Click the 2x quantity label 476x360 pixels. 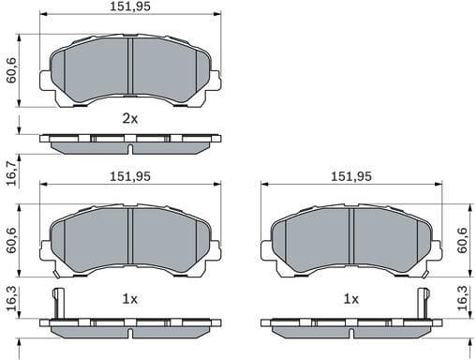click(129, 119)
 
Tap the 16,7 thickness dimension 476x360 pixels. click(10, 172)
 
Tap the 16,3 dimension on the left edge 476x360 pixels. click(10, 297)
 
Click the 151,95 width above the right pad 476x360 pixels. click(350, 176)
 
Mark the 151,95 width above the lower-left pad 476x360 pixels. click(129, 176)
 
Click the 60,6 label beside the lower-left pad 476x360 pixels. click(10, 238)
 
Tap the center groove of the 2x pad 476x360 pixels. click(130, 67)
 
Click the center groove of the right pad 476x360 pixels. click(350, 236)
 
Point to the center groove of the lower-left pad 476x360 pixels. click(130, 236)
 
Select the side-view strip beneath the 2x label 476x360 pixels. click(130, 142)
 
